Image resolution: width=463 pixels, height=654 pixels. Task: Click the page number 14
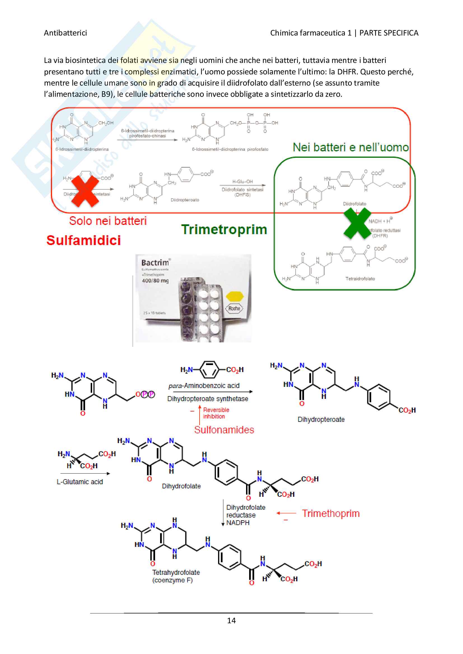pos(231,620)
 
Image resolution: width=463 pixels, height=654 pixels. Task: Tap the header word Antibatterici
pos(65,33)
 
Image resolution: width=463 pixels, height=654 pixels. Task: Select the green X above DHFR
pos(357,223)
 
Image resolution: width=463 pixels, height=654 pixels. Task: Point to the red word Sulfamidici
pos(83,240)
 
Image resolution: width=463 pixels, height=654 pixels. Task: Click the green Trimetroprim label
pos(224,229)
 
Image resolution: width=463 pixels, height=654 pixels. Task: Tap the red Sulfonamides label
pos(224,430)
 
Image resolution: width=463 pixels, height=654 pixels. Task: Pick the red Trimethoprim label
pos(331,513)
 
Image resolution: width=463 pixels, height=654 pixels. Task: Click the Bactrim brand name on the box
pos(155,262)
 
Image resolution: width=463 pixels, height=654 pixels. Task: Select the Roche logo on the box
pos(234,308)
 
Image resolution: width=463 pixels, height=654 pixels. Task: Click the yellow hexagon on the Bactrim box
pos(234,296)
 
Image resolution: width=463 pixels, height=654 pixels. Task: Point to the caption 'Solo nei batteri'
pos(108,221)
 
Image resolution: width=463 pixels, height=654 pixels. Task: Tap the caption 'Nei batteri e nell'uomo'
pos(350,147)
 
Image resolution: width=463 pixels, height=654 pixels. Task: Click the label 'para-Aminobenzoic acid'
pos(204,386)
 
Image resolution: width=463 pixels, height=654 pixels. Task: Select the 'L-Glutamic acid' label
pos(79,482)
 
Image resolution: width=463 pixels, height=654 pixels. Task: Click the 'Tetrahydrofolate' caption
pos(176,572)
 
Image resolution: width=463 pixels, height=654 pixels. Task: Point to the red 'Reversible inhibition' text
pos(216,413)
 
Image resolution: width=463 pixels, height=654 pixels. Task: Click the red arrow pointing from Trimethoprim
pos(286,513)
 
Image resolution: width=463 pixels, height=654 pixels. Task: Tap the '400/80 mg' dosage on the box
pos(155,281)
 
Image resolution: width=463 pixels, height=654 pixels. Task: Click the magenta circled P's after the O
pos(148,394)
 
